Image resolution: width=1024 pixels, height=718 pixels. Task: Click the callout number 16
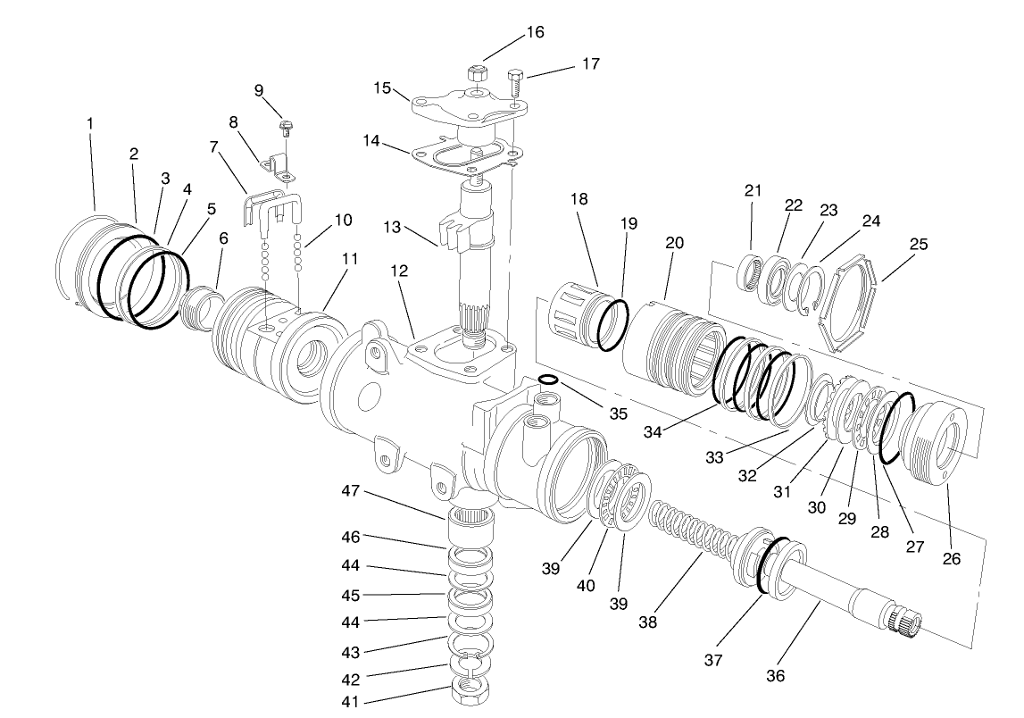[535, 32]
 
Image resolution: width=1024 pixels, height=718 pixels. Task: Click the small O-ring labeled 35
[549, 380]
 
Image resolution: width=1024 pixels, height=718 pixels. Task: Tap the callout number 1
[90, 122]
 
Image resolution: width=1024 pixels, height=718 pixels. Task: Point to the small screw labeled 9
[287, 127]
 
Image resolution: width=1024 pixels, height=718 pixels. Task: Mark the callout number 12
[399, 271]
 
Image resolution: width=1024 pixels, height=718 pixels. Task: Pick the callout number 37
[713, 661]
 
